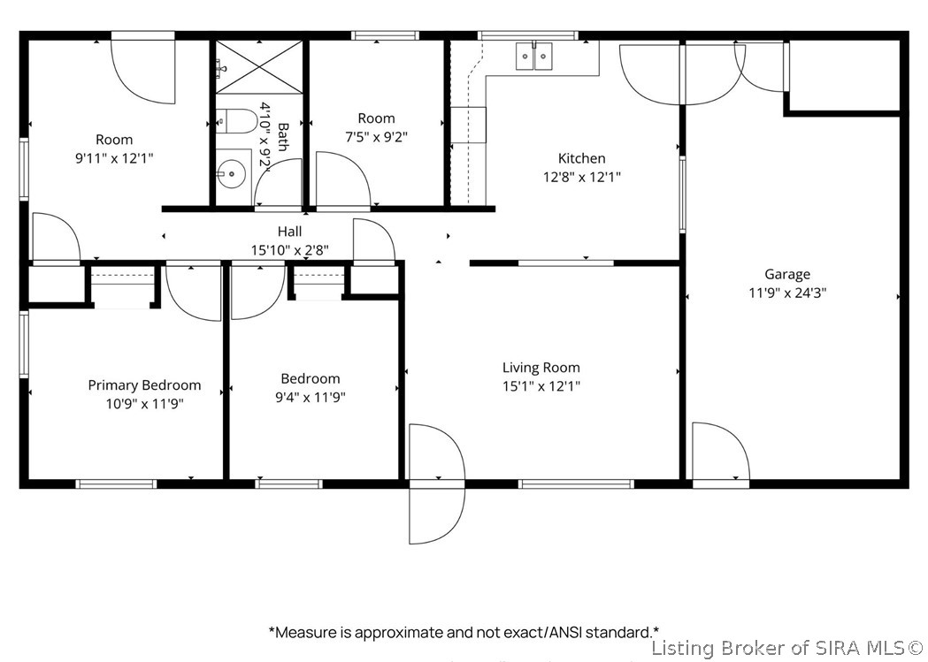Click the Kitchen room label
582,158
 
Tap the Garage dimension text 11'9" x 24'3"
787,293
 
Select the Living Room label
541,368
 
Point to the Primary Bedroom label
144,385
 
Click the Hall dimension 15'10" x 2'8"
290,250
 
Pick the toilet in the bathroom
236,121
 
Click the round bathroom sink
230,174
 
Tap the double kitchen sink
533,57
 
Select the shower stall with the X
259,67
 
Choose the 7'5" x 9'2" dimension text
376,137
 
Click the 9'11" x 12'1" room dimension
114,158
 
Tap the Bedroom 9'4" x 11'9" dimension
311,397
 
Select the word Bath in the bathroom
283,136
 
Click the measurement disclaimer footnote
464,633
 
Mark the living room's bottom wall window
576,484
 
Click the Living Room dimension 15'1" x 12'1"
541,386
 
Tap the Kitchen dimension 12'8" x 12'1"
582,178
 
